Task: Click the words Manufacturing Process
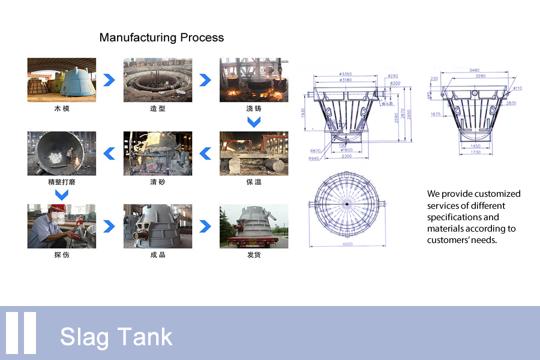pos(161,38)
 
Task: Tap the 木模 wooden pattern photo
pos(62,80)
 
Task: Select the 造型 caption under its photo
pos(158,109)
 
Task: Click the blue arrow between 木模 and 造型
pos(109,80)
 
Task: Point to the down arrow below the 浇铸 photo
pos(254,122)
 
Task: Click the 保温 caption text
pos(254,182)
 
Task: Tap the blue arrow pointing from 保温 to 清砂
pos(205,154)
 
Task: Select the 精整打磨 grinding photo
pos(62,153)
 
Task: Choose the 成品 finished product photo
pos(158,226)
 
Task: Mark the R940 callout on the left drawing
pos(314,158)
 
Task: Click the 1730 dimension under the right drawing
pos(475,152)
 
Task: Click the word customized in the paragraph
pos(497,194)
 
